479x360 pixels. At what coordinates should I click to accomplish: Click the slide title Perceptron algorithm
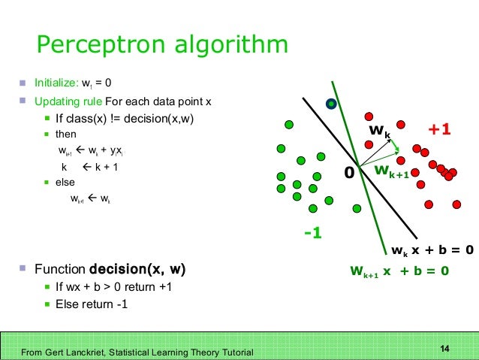162,45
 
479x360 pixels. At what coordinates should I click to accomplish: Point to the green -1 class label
313,233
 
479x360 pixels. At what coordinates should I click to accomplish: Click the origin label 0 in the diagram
348,173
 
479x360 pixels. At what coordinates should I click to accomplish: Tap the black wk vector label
379,133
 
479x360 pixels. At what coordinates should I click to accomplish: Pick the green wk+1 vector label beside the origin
392,172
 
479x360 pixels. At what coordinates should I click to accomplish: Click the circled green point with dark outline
330,104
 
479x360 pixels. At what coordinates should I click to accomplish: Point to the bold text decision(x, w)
137,269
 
